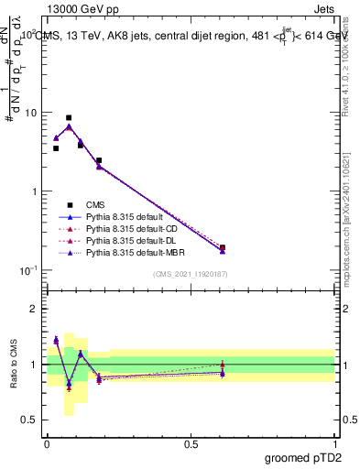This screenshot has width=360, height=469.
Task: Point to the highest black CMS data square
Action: coord(69,117)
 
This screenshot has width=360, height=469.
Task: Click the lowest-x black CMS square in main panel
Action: coord(56,148)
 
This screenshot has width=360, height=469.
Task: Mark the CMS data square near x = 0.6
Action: coord(223,247)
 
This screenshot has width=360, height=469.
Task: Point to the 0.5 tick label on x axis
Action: coord(191,444)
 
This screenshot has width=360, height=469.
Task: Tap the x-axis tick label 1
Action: coord(335,444)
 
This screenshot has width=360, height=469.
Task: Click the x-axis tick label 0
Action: coord(47,444)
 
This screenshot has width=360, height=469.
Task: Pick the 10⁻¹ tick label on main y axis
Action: coord(27,270)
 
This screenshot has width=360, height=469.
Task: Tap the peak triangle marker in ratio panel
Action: coord(56,340)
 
